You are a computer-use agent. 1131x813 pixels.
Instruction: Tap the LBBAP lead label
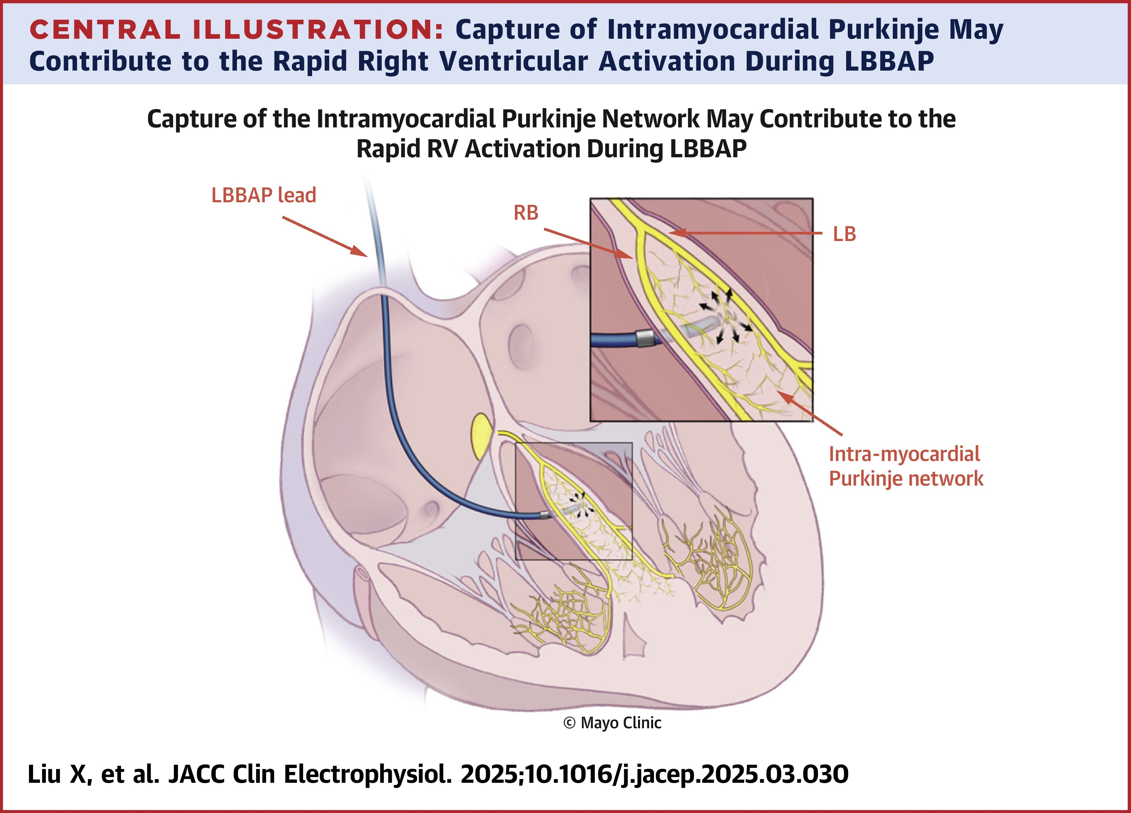[264, 195]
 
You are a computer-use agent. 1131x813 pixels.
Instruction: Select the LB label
[844, 234]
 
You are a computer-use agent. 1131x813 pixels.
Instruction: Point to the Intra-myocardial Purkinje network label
[906, 466]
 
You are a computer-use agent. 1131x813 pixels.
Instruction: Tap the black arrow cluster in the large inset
[726, 317]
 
